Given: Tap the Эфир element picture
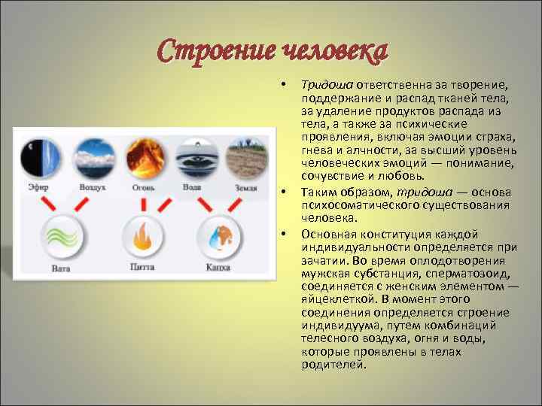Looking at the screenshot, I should tap(37, 156).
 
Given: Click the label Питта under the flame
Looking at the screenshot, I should tap(142, 266).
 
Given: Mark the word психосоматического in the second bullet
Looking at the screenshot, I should tap(356, 205).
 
